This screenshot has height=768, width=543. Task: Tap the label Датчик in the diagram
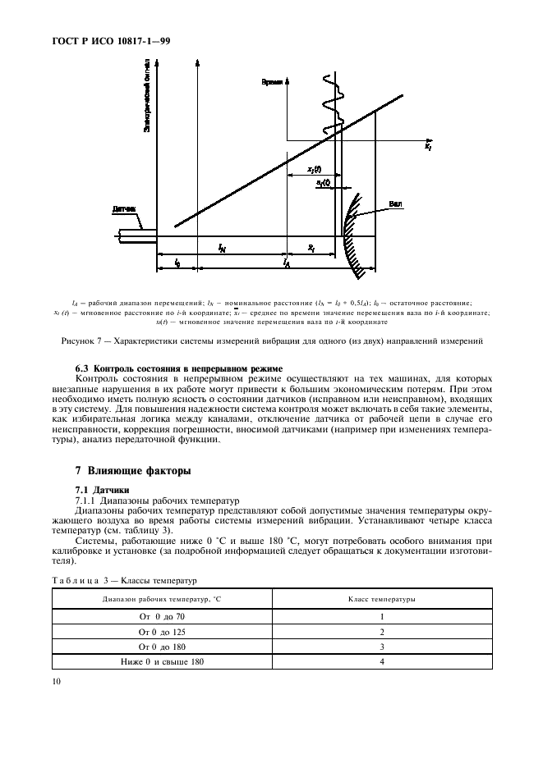[124, 210]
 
